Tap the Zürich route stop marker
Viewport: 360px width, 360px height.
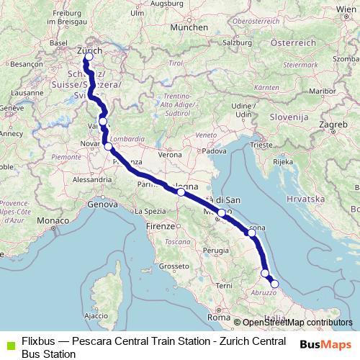(x=89, y=58)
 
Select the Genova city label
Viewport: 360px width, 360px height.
(x=102, y=205)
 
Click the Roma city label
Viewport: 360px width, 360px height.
(x=217, y=317)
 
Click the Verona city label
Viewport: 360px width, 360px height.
(x=170, y=154)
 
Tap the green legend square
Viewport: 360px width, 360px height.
(x=9, y=342)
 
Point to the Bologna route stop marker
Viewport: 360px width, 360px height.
(x=181, y=192)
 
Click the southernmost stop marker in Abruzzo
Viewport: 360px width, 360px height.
(x=274, y=284)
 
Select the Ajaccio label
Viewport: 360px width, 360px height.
(x=91, y=315)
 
